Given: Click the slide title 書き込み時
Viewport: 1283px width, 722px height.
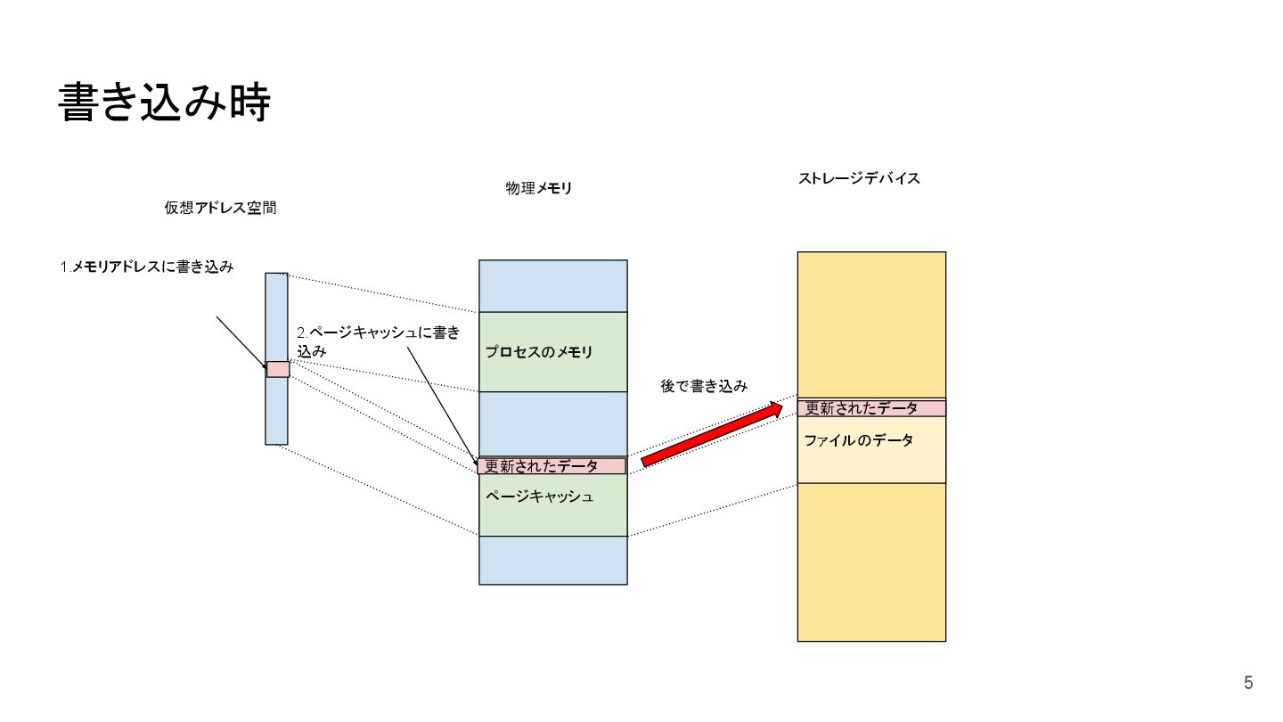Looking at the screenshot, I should pos(164,103).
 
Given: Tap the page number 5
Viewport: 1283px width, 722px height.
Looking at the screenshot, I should pos(1248,684).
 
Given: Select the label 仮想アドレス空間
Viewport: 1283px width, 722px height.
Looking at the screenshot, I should pos(220,208).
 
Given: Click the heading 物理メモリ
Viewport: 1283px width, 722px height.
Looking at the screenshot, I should pos(539,188).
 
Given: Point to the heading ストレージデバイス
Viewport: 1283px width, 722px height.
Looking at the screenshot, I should pos(859,178).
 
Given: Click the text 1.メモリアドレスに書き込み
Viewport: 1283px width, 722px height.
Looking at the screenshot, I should pos(147,267).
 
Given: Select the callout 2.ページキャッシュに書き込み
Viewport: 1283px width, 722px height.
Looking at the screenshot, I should pos(378,341).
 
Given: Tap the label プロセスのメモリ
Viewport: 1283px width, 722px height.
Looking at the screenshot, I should pos(538,352).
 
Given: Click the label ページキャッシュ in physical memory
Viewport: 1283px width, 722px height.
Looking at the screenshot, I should pos(540,495).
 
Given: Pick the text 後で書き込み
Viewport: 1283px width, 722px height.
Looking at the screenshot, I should pos(704,387).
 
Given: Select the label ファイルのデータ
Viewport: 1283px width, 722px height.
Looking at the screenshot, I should pos(859,440).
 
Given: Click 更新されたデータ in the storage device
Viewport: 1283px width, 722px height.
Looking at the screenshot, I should pos(862,408).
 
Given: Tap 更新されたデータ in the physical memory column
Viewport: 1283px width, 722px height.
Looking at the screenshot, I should pos(542,466).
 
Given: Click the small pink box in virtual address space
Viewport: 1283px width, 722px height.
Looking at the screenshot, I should pos(278,369).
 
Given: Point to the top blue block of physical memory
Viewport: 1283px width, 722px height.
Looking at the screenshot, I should pos(553,285).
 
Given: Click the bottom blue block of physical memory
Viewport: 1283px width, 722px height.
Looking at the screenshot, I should pos(553,560).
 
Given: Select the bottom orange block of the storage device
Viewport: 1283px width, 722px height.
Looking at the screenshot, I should pos(871,562).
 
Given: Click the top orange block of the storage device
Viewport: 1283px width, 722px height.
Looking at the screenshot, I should pos(871,324).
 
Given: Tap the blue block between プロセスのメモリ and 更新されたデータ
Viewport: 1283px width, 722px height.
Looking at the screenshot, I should pos(553,423).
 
